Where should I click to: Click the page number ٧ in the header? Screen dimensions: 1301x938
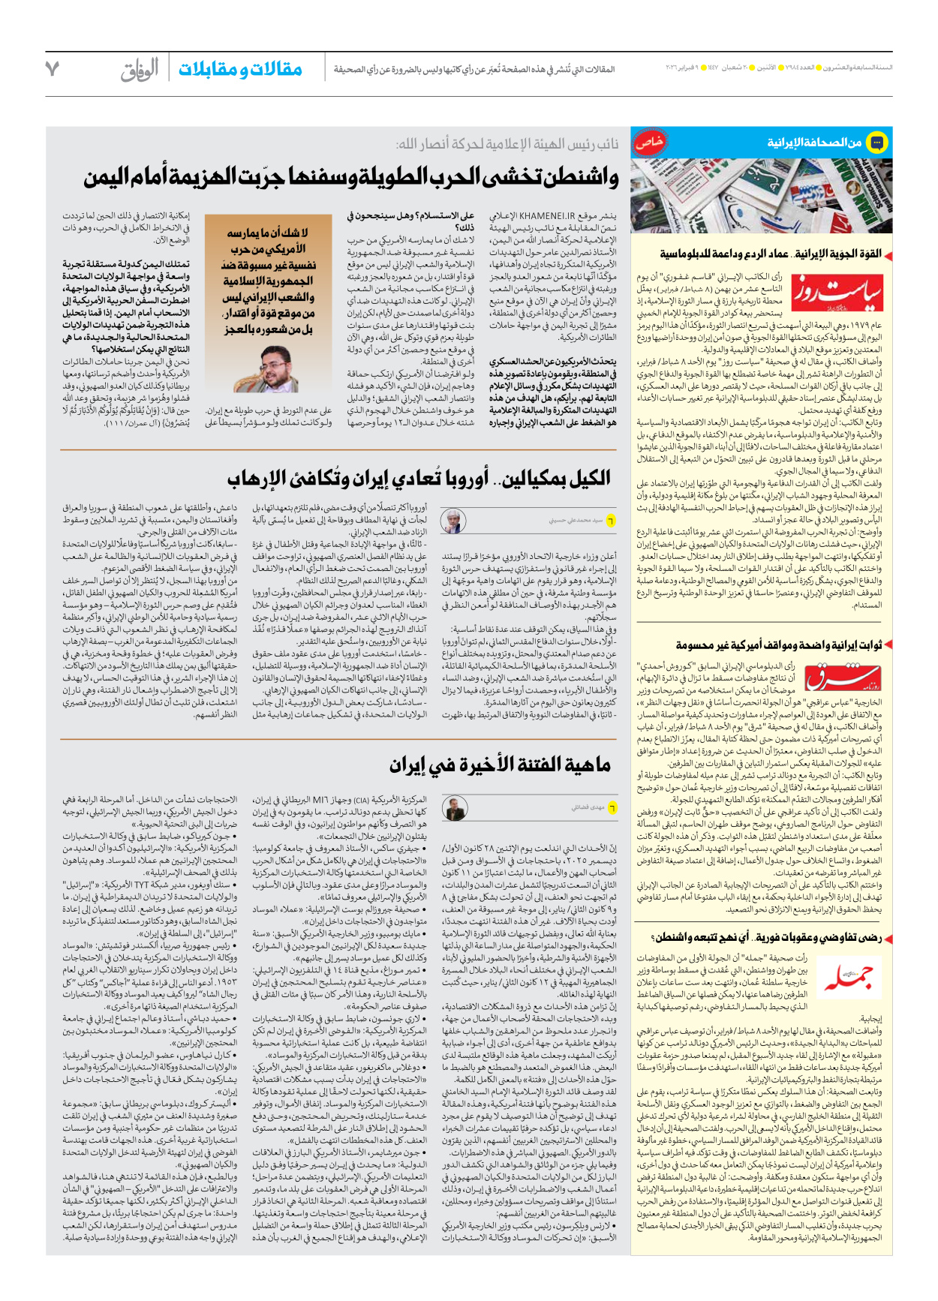click(52, 68)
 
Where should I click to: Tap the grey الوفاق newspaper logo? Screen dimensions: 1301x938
click(140, 70)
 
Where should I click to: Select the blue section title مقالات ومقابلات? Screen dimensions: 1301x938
click(240, 69)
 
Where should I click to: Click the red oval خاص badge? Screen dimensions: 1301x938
click(649, 142)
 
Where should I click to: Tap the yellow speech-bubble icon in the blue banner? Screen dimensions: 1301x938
click(876, 142)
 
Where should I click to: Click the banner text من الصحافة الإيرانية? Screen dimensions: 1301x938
click(813, 142)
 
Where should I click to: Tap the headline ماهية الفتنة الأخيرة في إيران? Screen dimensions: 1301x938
click(500, 765)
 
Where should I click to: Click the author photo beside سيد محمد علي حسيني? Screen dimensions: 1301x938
click(453, 520)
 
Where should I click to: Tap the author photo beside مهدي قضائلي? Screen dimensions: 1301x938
click(454, 809)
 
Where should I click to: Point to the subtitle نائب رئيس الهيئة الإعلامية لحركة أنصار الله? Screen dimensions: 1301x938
click(507, 143)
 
